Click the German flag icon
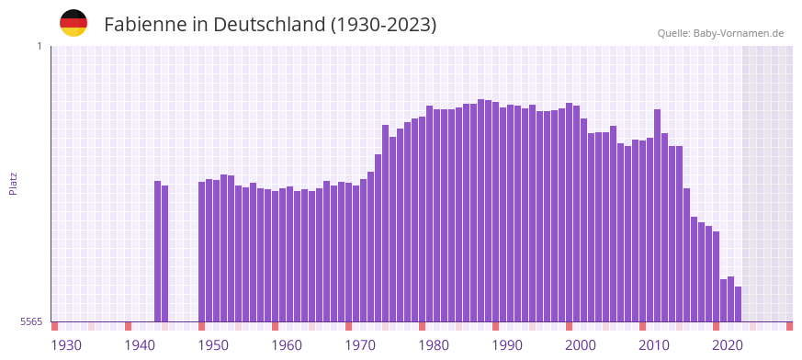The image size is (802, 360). (x=73, y=24)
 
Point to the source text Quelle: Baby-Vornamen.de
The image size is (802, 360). (x=720, y=33)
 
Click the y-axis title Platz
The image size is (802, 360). (x=13, y=183)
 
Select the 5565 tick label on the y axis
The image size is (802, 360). (x=31, y=322)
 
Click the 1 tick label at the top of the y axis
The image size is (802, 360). (x=39, y=46)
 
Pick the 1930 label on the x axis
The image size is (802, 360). (x=66, y=345)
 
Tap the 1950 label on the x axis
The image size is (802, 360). (x=213, y=345)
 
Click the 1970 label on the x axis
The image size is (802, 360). (x=360, y=345)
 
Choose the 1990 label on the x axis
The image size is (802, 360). (x=507, y=345)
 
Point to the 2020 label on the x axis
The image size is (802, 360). (x=728, y=345)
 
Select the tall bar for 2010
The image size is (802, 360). (x=658, y=216)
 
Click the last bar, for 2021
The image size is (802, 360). (x=738, y=304)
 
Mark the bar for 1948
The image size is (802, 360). (x=202, y=252)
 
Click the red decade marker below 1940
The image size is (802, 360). (x=129, y=326)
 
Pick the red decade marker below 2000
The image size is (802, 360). (x=570, y=326)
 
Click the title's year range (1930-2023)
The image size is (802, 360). (x=384, y=25)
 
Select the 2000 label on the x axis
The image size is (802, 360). (x=581, y=345)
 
